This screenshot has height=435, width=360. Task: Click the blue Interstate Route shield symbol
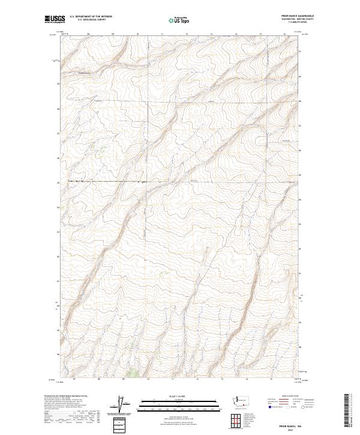[x=270, y=407]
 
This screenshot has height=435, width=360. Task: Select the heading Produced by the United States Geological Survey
[x=65, y=396]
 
